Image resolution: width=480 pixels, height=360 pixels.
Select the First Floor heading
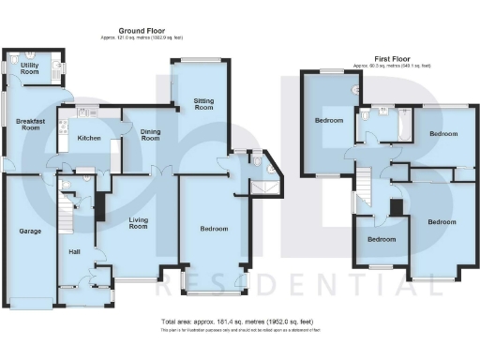(x=392, y=60)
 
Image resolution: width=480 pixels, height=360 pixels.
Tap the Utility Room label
(x=30, y=67)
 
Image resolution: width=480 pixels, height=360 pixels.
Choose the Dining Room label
(x=149, y=136)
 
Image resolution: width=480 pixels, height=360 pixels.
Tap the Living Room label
(x=138, y=223)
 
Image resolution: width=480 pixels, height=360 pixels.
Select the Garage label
(x=27, y=230)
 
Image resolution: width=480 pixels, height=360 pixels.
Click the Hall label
(x=74, y=251)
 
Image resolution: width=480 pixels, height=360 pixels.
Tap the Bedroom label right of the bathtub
(x=442, y=134)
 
